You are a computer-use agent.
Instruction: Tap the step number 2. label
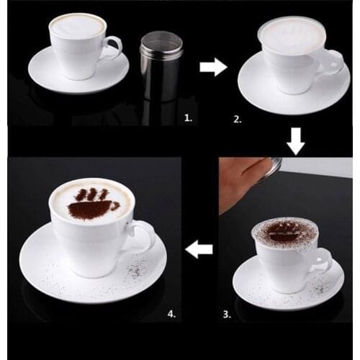pos(238,119)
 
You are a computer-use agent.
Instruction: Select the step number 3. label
pos(228,314)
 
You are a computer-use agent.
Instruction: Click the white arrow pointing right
pos(213,68)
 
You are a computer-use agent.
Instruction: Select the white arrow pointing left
pos(199,250)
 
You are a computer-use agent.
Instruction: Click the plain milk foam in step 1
pos(77,27)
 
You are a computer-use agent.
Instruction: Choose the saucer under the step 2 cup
pos(259,86)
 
